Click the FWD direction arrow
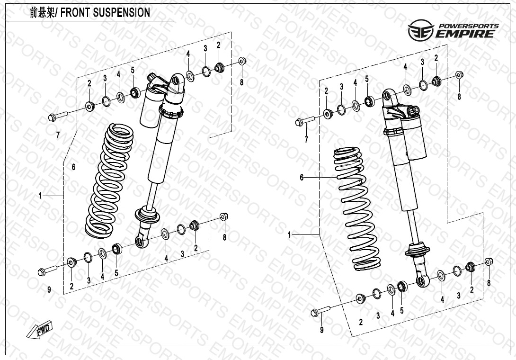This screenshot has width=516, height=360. (x=40, y=330)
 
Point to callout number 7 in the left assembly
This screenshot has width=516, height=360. (x=58, y=134)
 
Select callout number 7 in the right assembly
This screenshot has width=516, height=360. (x=306, y=139)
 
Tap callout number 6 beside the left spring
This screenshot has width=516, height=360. (x=73, y=167)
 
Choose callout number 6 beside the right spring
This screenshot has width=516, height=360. (x=301, y=178)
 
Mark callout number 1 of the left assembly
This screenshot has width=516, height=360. (x=40, y=195)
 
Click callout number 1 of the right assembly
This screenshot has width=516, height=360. (x=290, y=234)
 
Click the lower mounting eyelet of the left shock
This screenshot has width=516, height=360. (x=142, y=242)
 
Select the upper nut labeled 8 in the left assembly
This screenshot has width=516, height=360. (x=241, y=61)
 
